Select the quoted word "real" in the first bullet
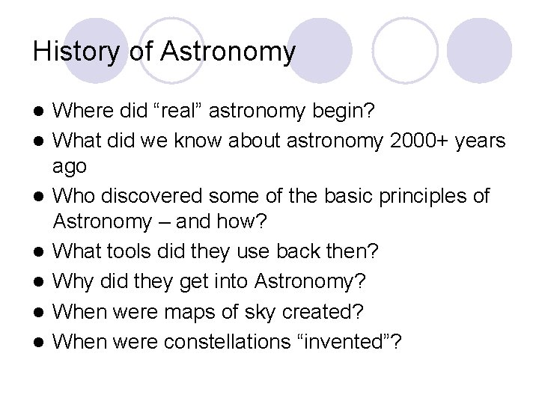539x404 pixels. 178,111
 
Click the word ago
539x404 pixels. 70,167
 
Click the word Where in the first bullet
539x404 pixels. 87,111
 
